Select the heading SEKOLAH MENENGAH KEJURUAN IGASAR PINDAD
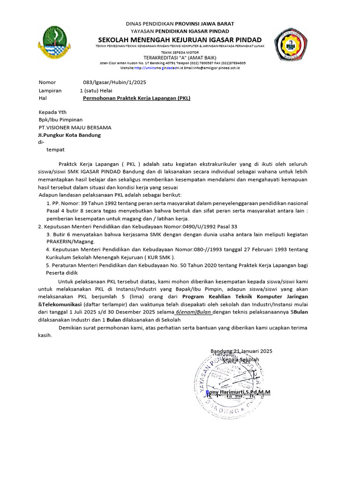click(180, 39)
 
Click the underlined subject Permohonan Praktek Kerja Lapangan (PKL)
click(136, 98)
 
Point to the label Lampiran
click(50, 90)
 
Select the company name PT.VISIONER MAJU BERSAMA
click(75, 127)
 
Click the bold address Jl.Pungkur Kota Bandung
click(69, 135)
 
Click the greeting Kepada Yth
click(52, 112)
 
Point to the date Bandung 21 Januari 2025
click(241, 351)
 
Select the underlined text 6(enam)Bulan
click(194, 312)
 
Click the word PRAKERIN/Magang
click(70, 241)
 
